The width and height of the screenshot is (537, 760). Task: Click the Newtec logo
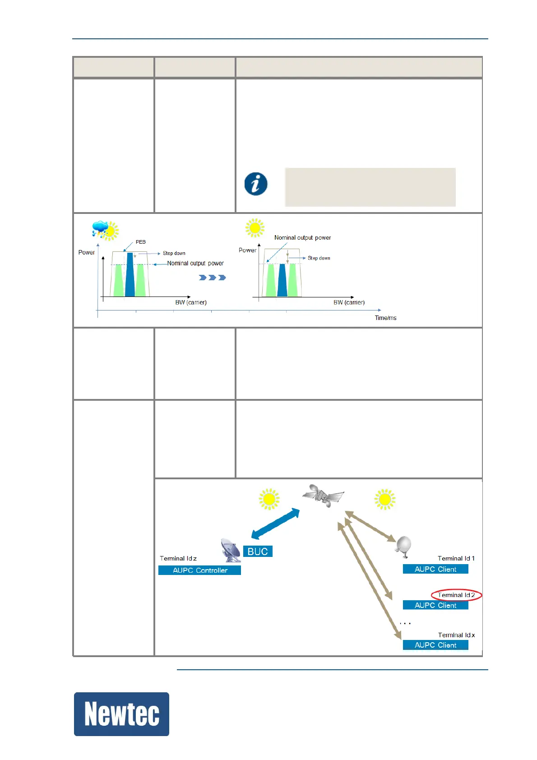tap(121, 714)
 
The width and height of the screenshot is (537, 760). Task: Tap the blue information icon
tap(256, 184)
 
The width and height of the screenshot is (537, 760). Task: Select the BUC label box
tap(258, 551)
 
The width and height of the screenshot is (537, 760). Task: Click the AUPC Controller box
tap(199, 570)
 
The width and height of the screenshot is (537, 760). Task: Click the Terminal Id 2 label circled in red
tap(456, 595)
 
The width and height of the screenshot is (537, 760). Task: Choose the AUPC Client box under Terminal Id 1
tap(435, 569)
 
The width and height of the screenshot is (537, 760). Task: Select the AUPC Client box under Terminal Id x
tap(435, 645)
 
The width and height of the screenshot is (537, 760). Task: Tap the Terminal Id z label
tap(178, 559)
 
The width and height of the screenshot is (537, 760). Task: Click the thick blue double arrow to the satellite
tap(275, 524)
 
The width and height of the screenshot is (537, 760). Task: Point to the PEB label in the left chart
tap(141, 242)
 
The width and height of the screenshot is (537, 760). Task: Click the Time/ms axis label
tap(385, 318)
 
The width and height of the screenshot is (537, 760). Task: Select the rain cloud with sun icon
tap(105, 230)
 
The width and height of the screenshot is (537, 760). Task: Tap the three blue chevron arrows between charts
tap(212, 278)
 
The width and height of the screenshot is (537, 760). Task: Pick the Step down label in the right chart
tap(319, 258)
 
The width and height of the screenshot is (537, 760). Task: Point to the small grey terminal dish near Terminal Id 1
tap(403, 546)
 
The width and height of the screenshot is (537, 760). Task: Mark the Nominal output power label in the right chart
tap(302, 237)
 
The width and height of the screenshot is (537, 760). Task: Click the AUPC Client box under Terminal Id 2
tap(435, 605)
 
